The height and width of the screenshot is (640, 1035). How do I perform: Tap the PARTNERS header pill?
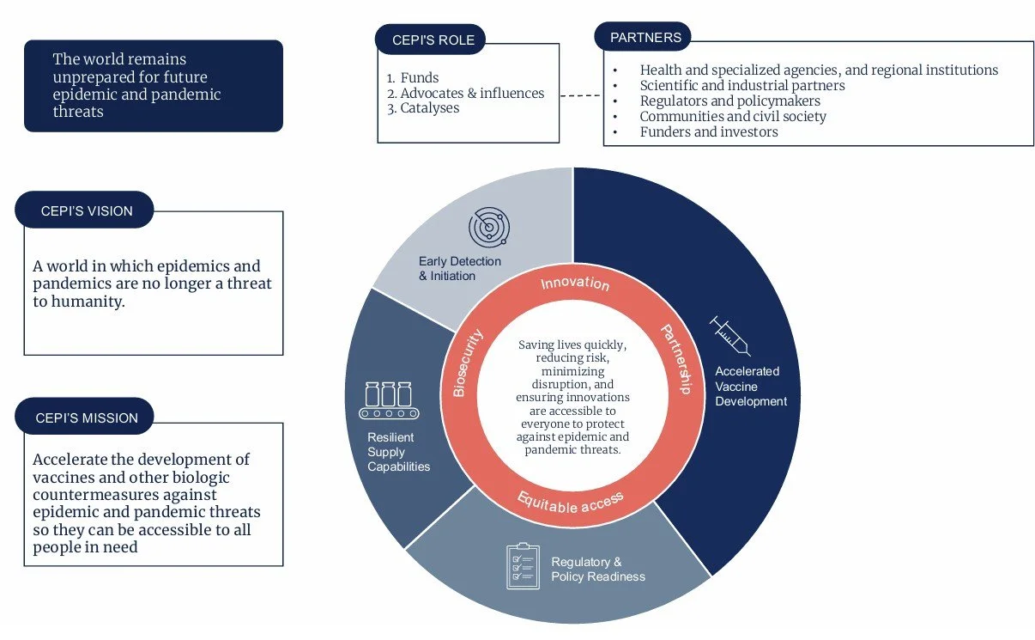(x=645, y=37)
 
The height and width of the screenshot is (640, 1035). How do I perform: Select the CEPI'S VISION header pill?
(x=86, y=210)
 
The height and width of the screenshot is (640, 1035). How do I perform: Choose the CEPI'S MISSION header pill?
(x=86, y=418)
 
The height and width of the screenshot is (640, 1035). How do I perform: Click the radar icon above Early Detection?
(x=488, y=228)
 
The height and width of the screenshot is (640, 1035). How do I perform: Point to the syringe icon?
(x=730, y=336)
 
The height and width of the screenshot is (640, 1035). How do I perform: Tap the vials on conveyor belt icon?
(x=389, y=400)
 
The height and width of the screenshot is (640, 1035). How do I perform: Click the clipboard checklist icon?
(x=524, y=565)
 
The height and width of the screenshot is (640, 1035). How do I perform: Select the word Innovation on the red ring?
(x=575, y=283)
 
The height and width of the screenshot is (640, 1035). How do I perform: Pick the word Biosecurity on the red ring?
(x=468, y=363)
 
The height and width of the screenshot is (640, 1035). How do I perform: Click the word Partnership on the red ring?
(x=675, y=359)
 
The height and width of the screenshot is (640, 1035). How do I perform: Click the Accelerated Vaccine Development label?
(x=750, y=387)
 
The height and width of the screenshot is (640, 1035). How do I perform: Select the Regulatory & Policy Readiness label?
(x=597, y=570)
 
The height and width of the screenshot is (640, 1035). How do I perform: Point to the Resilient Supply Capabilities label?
(x=398, y=452)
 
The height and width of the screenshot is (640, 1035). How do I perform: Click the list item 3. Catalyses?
(x=423, y=108)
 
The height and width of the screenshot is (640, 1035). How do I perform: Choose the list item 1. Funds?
(x=413, y=78)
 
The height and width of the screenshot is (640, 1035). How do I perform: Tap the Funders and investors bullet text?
(x=709, y=131)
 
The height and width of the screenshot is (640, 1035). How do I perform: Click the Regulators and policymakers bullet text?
(x=729, y=101)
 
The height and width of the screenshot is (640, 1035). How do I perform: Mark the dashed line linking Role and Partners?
(x=581, y=94)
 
